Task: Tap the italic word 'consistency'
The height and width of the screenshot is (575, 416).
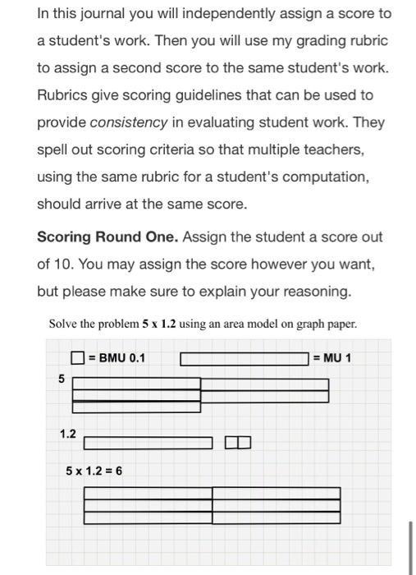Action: [128, 122]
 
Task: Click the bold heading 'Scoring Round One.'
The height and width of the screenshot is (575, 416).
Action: [107, 237]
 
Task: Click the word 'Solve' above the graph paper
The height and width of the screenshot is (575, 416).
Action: [64, 324]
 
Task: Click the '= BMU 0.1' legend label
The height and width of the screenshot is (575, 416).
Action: [117, 358]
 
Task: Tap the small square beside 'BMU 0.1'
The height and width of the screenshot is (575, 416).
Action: [77, 358]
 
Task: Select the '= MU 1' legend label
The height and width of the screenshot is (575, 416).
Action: [331, 358]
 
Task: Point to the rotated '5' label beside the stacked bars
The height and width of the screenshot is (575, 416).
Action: [60, 379]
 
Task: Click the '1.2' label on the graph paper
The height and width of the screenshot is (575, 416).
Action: [68, 433]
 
